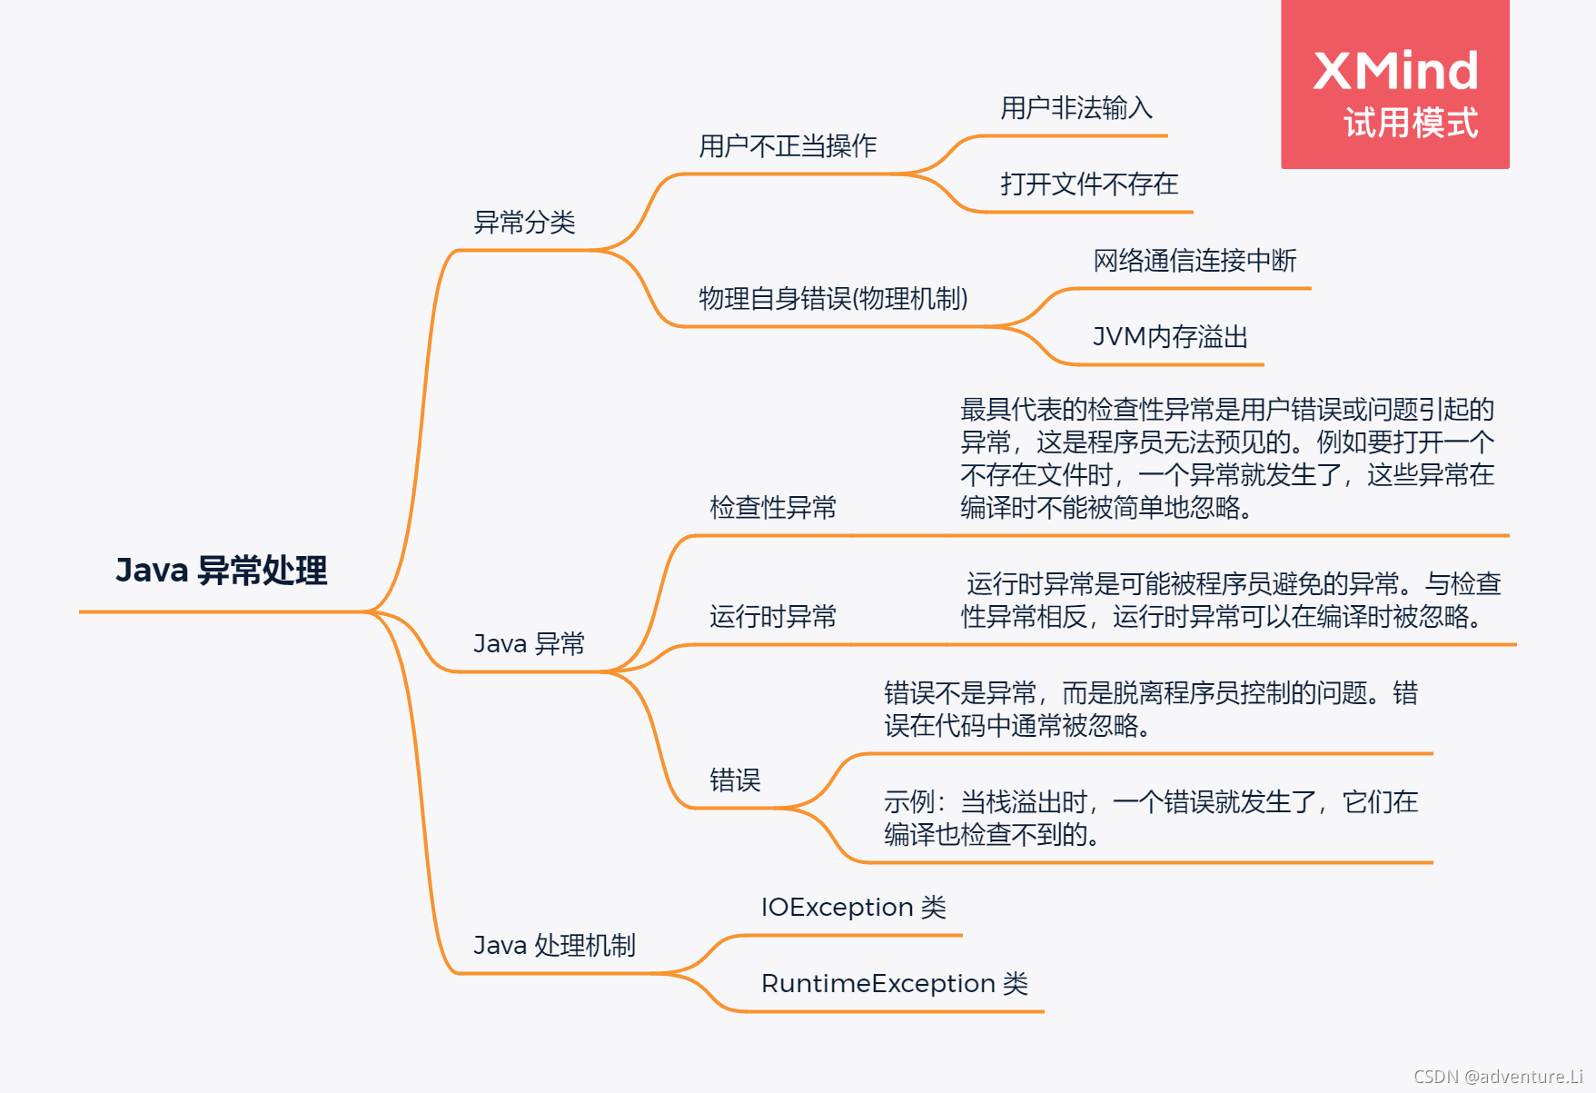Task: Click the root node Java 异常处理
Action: pos(221,571)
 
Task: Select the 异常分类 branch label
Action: pos(524,222)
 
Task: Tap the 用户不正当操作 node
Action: pos(787,145)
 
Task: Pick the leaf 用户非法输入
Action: pos(1076,108)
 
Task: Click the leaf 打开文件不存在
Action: pos(1089,184)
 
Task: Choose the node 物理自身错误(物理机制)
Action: pos(833,298)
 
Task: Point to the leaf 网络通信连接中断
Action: pos(1195,261)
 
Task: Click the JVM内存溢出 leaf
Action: pos(1170,337)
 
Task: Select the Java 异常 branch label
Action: pos(529,643)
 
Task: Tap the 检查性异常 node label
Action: pos(772,507)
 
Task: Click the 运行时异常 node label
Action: pos(772,617)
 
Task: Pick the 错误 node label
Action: pos(734,780)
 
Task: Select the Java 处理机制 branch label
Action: pos(554,945)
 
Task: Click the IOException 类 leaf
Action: pos(853,907)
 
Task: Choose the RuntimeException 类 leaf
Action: pos(894,983)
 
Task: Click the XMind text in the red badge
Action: pos(1395,71)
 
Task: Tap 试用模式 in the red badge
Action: pos(1411,123)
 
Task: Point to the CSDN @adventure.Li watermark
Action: pos(1498,1077)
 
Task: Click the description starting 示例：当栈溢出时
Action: pos(1150,818)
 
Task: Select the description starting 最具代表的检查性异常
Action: pos(1226,458)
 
